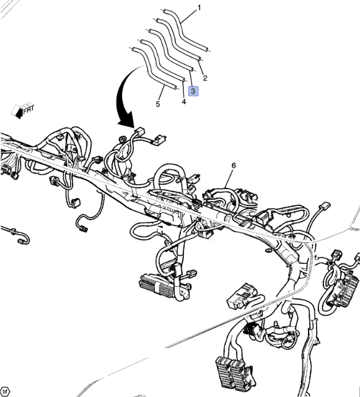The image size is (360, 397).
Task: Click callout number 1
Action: point(199,8)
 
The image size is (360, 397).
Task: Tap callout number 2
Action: point(205,78)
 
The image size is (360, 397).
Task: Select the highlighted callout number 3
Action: point(193,91)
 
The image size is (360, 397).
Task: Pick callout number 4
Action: point(183,102)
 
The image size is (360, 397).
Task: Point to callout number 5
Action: point(158,104)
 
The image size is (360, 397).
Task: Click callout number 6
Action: point(234,165)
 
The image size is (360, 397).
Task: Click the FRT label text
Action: point(29,109)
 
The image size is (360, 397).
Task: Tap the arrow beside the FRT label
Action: point(17,111)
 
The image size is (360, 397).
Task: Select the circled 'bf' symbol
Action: point(5,391)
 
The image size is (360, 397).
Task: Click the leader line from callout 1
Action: point(189,17)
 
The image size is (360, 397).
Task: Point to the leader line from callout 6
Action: point(227,179)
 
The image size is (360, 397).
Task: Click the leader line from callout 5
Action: point(162,93)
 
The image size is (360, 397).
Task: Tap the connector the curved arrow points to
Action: point(139,132)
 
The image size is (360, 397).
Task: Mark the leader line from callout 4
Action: point(183,89)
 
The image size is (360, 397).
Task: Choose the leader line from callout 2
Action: point(201,68)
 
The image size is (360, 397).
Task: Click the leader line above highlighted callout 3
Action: point(191,79)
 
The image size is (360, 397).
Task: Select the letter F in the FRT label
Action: point(25,111)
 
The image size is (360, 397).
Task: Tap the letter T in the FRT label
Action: point(32,108)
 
